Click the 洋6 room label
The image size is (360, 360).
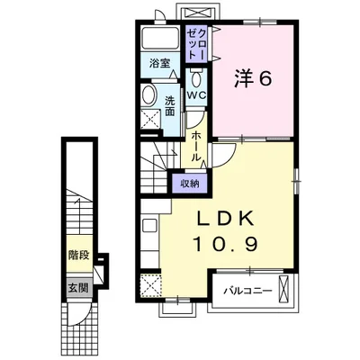click(x=253, y=79)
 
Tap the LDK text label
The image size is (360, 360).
click(x=225, y=219)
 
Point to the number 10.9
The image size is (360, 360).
click(x=227, y=244)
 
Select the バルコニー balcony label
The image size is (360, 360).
click(x=247, y=291)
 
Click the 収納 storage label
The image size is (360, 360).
click(x=190, y=184)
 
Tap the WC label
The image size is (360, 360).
click(x=197, y=95)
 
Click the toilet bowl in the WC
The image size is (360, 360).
click(x=196, y=78)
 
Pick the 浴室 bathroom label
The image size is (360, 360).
click(x=160, y=63)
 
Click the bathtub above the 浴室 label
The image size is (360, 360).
click(x=160, y=38)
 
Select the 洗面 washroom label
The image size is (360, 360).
click(x=169, y=106)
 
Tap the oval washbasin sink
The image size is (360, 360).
click(x=148, y=95)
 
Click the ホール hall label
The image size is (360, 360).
click(x=195, y=146)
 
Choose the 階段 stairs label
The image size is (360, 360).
click(x=78, y=255)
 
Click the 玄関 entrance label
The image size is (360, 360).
click(x=78, y=288)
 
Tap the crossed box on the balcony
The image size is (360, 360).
click(x=283, y=290)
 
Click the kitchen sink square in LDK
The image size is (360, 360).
click(x=149, y=225)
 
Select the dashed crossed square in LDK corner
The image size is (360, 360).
click(x=151, y=285)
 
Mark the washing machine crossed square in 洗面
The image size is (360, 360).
click(x=150, y=119)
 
